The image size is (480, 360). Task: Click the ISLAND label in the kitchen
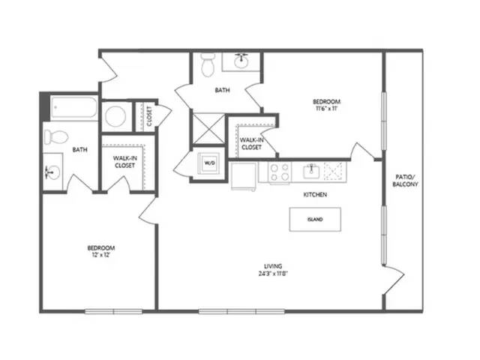click(x=315, y=220)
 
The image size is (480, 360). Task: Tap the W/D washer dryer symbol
click(x=209, y=163)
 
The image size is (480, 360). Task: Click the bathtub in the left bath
click(x=74, y=107)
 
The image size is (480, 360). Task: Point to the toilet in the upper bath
click(x=208, y=65)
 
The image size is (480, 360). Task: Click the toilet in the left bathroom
click(x=56, y=136)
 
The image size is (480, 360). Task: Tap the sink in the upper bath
click(x=241, y=61)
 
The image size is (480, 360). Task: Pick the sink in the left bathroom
click(x=52, y=172)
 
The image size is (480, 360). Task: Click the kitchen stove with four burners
click(x=280, y=172)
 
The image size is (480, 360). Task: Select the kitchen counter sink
click(x=312, y=172)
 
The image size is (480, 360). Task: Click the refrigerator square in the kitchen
click(x=244, y=176)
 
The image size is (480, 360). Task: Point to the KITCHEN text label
click(x=315, y=195)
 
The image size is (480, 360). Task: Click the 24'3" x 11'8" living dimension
click(x=273, y=274)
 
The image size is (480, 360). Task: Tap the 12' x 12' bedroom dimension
click(x=101, y=255)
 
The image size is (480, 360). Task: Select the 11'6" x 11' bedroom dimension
click(x=326, y=108)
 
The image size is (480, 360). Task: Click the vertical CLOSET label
click(x=149, y=116)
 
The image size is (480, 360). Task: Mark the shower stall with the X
click(x=209, y=128)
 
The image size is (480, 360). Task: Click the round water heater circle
click(x=115, y=116)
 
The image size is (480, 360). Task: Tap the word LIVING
click(x=273, y=266)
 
